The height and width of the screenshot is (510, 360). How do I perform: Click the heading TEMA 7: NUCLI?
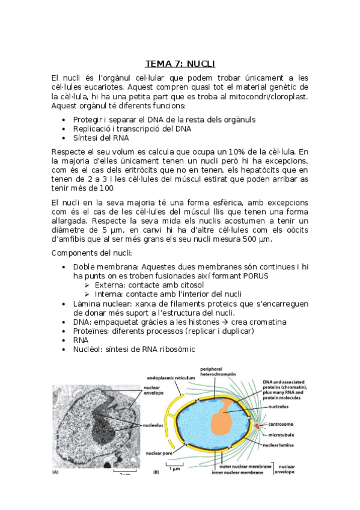(180, 63)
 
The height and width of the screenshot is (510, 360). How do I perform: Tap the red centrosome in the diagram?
(258, 426)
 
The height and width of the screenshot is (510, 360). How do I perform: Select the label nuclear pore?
(159, 452)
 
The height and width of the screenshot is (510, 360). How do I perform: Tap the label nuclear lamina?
(279, 446)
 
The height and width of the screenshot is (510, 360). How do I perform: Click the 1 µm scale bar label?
(175, 467)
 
